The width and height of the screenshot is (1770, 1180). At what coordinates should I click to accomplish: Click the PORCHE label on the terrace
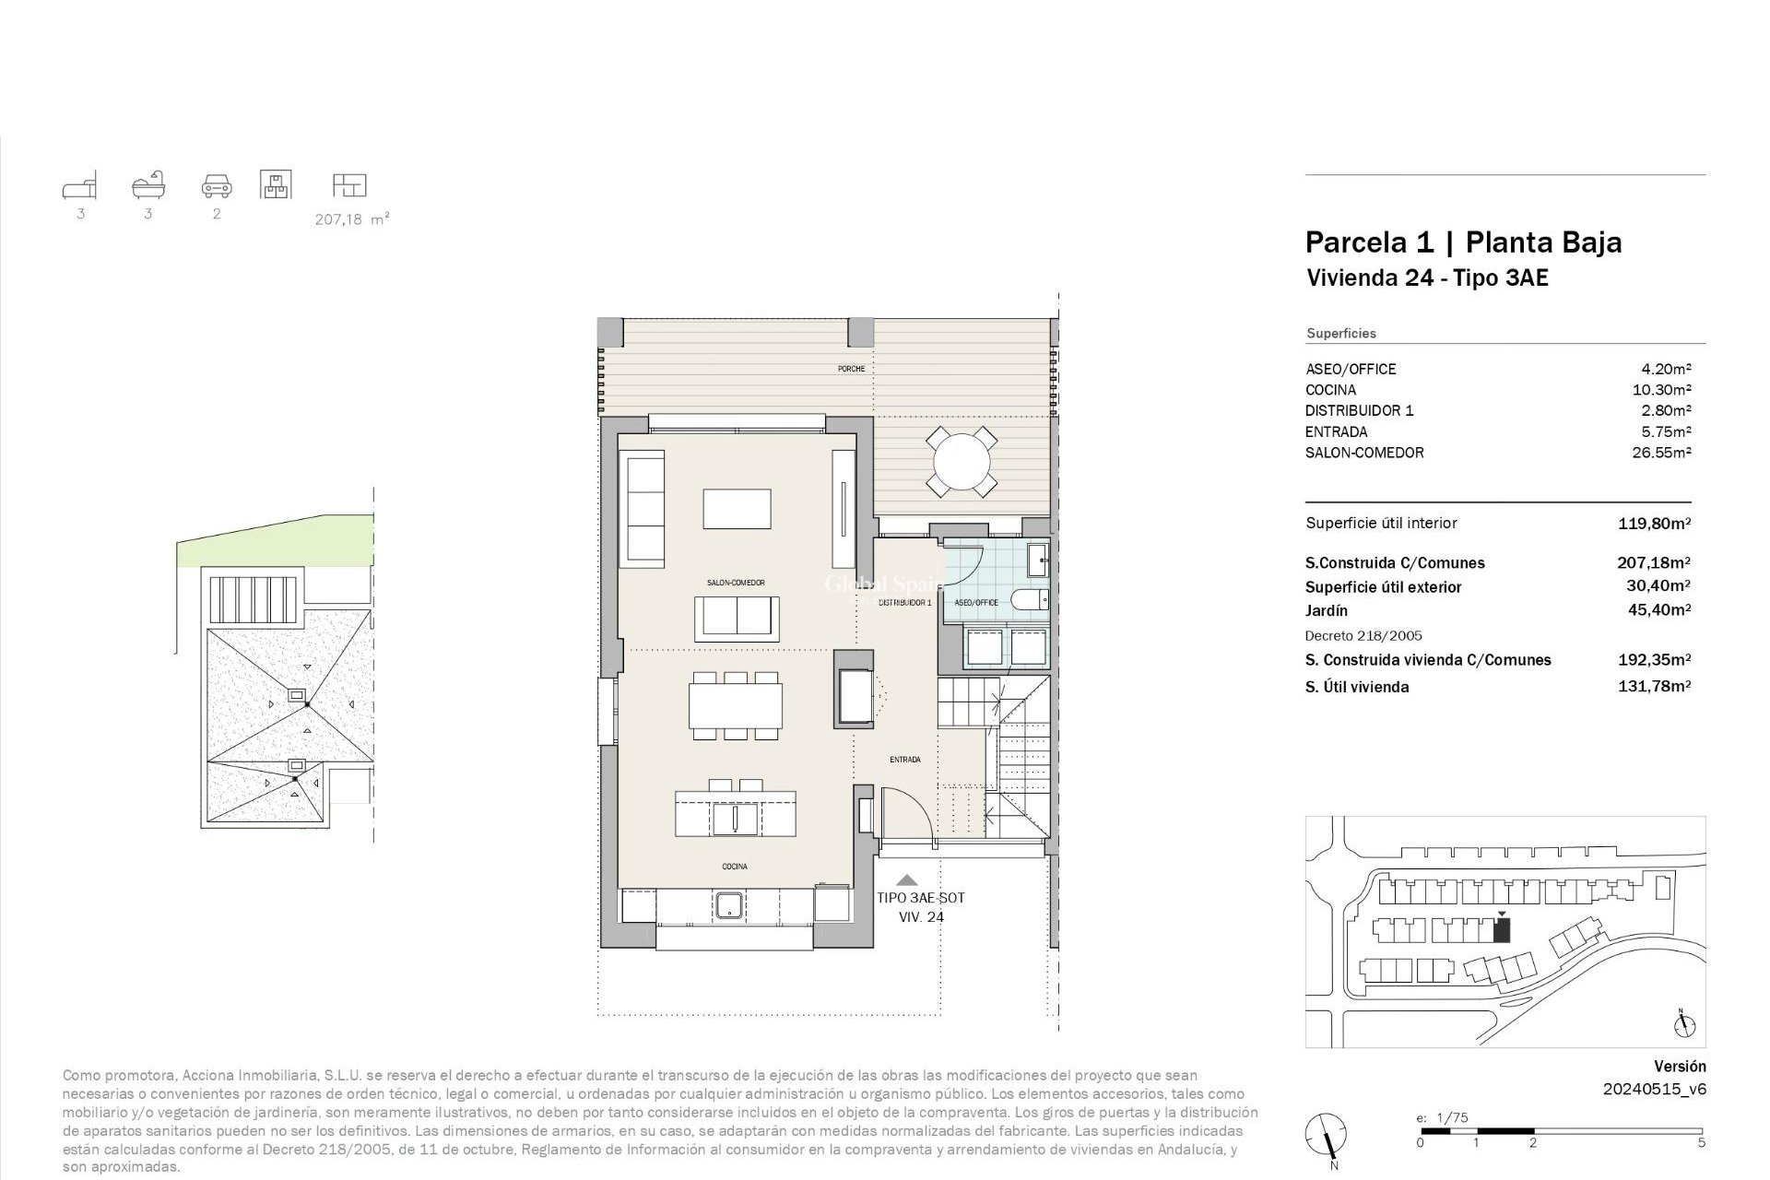[851, 369]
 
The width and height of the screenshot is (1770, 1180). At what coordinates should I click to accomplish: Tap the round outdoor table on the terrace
[962, 460]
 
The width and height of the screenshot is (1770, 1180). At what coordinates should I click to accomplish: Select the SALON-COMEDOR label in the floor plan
[736, 583]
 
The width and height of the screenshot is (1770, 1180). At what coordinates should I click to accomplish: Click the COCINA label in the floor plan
[735, 867]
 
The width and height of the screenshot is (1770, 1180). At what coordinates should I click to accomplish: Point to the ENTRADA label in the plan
[904, 760]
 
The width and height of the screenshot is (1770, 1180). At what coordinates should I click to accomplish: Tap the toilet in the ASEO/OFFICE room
[1030, 601]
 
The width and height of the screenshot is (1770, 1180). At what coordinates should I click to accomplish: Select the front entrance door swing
[908, 816]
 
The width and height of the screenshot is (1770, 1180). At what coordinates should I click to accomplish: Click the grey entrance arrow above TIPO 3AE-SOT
[908, 880]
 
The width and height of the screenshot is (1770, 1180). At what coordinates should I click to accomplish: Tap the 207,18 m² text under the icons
[351, 219]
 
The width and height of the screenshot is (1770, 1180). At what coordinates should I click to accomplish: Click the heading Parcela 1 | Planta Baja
[1462, 242]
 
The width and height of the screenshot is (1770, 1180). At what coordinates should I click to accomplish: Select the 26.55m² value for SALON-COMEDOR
[1661, 453]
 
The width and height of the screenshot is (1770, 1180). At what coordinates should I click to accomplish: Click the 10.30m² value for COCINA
[1661, 390]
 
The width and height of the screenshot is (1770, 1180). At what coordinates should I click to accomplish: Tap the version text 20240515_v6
[1654, 1089]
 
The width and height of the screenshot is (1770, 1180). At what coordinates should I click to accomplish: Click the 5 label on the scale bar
[1701, 1143]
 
